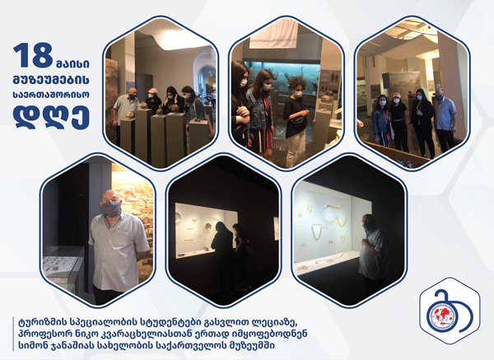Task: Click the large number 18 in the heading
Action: pyautogui.click(x=33, y=55)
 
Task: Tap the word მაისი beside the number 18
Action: pyautogui.click(x=72, y=63)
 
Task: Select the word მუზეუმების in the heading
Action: pyautogui.click(x=51, y=80)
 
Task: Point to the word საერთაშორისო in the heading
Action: pyautogui.click(x=51, y=95)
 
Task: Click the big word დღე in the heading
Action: pyautogui.click(x=51, y=117)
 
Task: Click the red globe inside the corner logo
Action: pyautogui.click(x=441, y=316)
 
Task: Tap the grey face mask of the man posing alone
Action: pyautogui.click(x=111, y=208)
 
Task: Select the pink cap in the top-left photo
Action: pyautogui.click(x=152, y=91)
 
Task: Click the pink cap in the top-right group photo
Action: pyautogui.click(x=397, y=96)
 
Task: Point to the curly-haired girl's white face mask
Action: pyautogui.click(x=298, y=94)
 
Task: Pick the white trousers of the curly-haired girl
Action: pyautogui.click(x=296, y=149)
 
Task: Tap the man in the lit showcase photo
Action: pyautogui.click(x=373, y=249)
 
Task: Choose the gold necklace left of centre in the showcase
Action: pyautogui.click(x=317, y=232)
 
